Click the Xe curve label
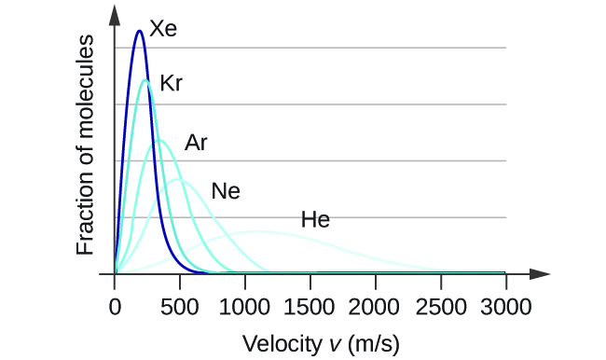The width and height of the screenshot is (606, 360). [163, 29]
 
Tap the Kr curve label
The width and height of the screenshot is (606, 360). [171, 83]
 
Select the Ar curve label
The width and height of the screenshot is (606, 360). [196, 143]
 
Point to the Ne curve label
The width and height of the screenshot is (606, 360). [226, 192]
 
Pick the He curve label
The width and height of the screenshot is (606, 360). [315, 221]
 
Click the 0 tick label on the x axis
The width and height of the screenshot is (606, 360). [115, 305]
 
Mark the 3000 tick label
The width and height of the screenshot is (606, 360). [505, 305]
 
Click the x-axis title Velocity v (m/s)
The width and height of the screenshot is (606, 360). [321, 343]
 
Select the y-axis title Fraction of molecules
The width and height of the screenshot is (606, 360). [87, 145]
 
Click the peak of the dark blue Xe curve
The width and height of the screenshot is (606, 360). [139, 31]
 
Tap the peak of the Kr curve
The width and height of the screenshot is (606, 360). [145, 80]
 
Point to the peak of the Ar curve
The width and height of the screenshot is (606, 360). [159, 140]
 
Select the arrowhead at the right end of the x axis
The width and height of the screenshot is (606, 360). [541, 274]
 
